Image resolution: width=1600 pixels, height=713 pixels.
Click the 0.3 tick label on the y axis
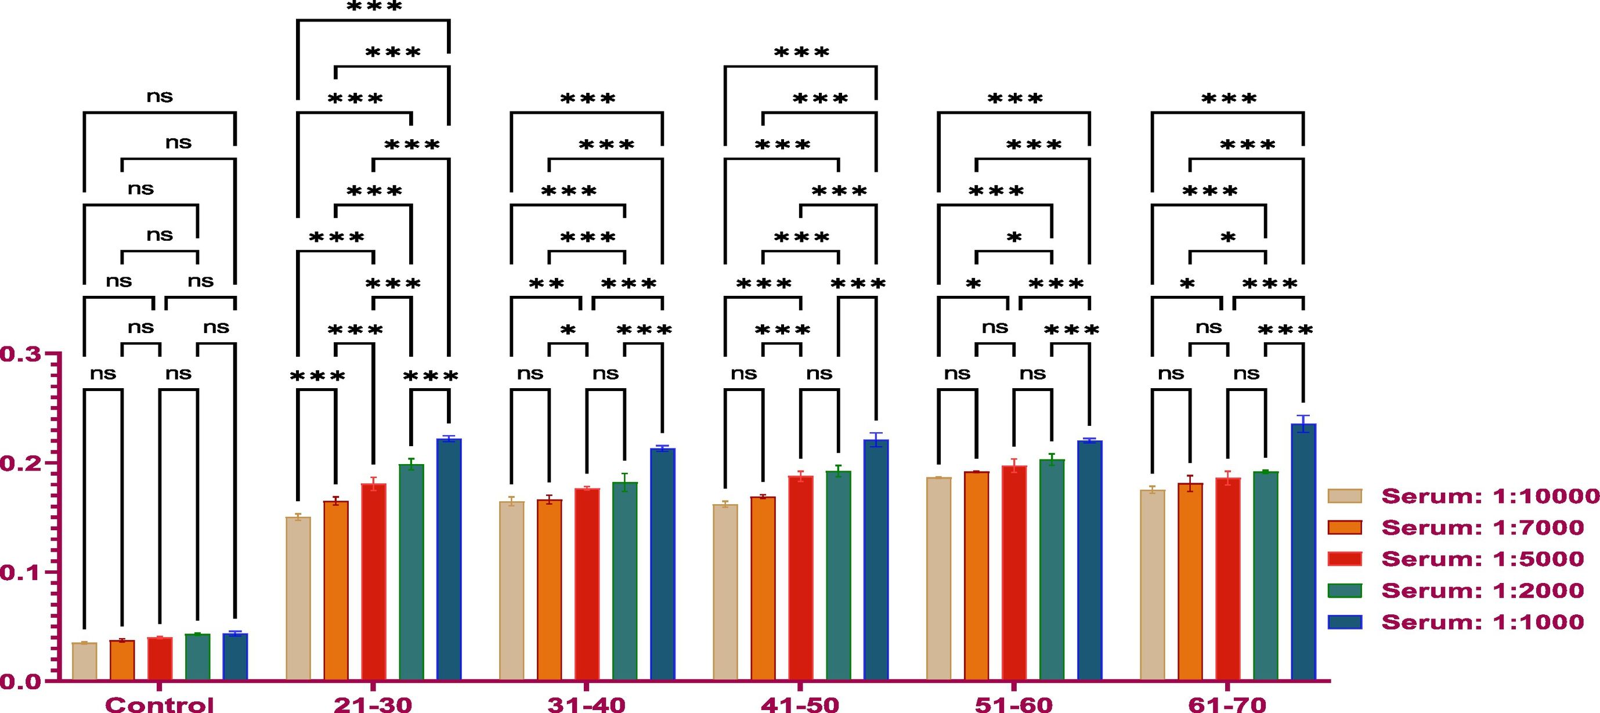tap(20, 354)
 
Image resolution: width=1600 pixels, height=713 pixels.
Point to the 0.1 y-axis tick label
tap(20, 573)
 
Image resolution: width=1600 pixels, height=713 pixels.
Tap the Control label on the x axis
tap(160, 704)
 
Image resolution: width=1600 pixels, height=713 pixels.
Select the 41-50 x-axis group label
tap(800, 704)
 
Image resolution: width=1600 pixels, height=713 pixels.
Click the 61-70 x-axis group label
tap(1227, 704)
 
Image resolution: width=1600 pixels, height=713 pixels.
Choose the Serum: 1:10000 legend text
tap(1489, 495)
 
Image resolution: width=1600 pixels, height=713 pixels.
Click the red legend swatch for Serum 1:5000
tap(1345, 558)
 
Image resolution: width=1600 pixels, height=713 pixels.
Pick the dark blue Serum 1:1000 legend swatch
tap(1345, 622)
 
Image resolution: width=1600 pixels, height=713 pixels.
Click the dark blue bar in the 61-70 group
tap(1303, 553)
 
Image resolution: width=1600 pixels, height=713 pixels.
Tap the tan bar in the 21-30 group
tap(298, 599)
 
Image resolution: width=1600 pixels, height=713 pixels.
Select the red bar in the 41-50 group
tap(801, 578)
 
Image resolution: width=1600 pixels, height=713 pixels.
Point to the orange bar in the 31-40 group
tap(550, 590)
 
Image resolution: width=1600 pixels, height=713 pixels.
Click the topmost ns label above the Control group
tap(160, 96)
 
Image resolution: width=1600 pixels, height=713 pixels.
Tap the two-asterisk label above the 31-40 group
tap(547, 284)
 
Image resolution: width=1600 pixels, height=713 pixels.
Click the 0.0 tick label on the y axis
tap(20, 682)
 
